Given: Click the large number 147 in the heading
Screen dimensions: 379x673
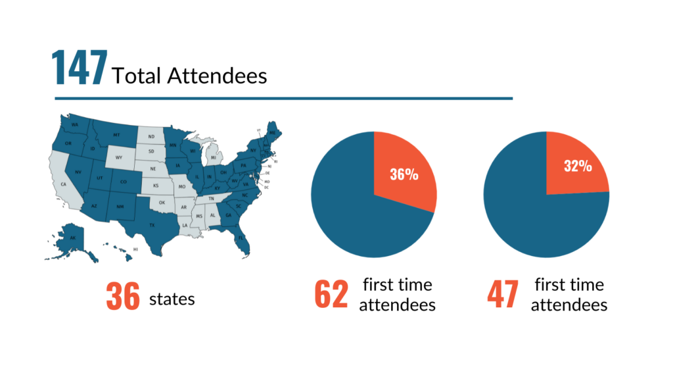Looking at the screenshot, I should pos(79,68).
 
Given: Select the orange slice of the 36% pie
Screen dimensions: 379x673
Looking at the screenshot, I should pos(403,171).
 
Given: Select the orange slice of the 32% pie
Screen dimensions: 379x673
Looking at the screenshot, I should pos(575,164).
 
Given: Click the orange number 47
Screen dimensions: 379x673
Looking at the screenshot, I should pos(503,295).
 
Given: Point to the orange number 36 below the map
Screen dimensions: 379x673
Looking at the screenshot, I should pos(123,297).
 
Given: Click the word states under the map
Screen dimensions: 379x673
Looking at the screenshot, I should pos(172,299).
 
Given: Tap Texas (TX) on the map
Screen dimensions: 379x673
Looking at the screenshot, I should pos(152,225).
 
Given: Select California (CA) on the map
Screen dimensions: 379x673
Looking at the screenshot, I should pos(64,184).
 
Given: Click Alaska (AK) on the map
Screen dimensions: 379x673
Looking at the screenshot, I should pos(73,238).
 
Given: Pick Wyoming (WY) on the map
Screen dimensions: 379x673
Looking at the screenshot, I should pos(119,158).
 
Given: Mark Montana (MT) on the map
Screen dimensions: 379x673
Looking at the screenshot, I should pos(116,135).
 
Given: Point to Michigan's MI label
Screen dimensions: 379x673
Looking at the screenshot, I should pos(212,158).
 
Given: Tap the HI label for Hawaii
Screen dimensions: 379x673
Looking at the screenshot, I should pos(135,250).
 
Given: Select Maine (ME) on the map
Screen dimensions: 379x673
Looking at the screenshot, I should pos(272,132).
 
